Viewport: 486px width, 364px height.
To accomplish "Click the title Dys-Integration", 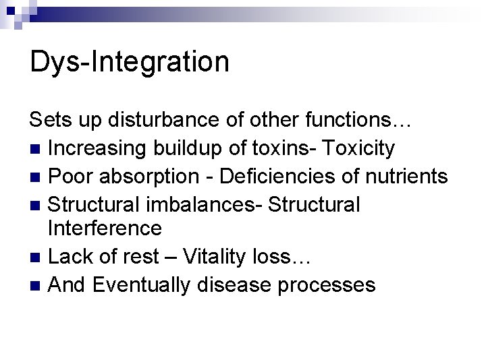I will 130,61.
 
